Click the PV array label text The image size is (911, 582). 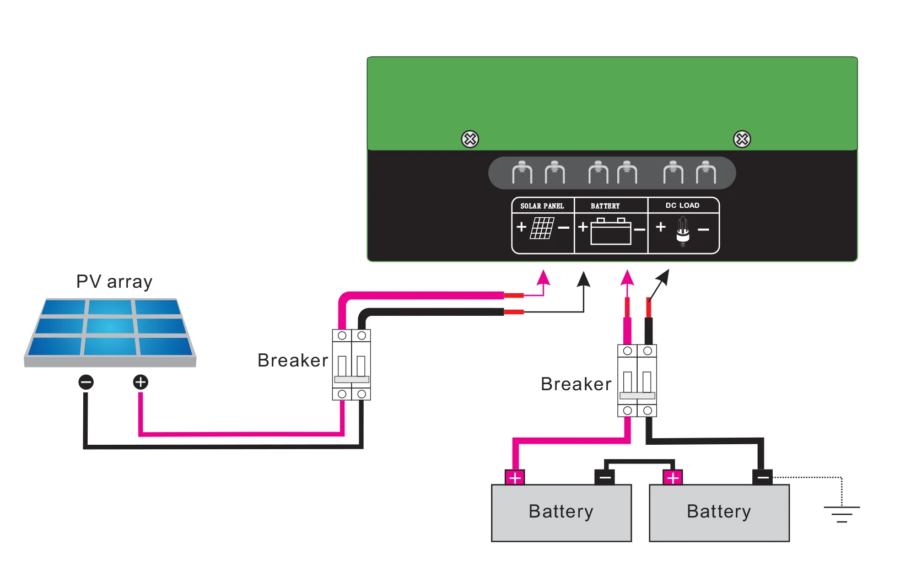(x=114, y=282)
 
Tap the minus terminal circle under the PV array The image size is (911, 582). (x=86, y=382)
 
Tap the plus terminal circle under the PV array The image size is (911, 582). (x=141, y=382)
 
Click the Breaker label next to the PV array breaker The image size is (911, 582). (x=293, y=360)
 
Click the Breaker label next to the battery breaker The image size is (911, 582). (x=576, y=384)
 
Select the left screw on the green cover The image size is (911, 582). (x=470, y=139)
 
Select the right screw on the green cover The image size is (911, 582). (x=742, y=139)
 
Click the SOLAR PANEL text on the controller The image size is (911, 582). (x=542, y=206)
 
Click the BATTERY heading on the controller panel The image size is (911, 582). (x=605, y=206)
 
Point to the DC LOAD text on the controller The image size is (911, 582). (x=682, y=206)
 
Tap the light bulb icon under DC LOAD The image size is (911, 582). (x=683, y=230)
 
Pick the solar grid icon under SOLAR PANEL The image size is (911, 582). (x=542, y=228)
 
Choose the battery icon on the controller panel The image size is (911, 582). (x=611, y=231)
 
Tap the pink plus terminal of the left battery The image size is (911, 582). (x=515, y=477)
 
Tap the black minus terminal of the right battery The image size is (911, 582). (x=762, y=477)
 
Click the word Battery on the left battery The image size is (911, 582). (x=561, y=511)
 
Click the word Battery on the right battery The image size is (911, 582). (x=719, y=511)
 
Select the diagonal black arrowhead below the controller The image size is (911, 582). (x=664, y=277)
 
